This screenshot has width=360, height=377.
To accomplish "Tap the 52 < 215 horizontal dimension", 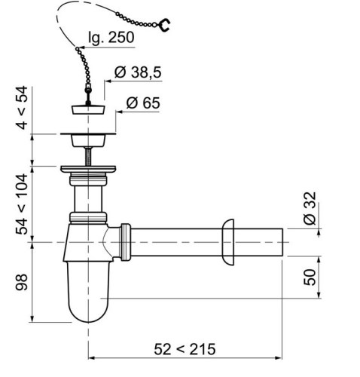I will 185,348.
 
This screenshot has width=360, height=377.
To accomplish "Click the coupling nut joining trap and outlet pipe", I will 125,241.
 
